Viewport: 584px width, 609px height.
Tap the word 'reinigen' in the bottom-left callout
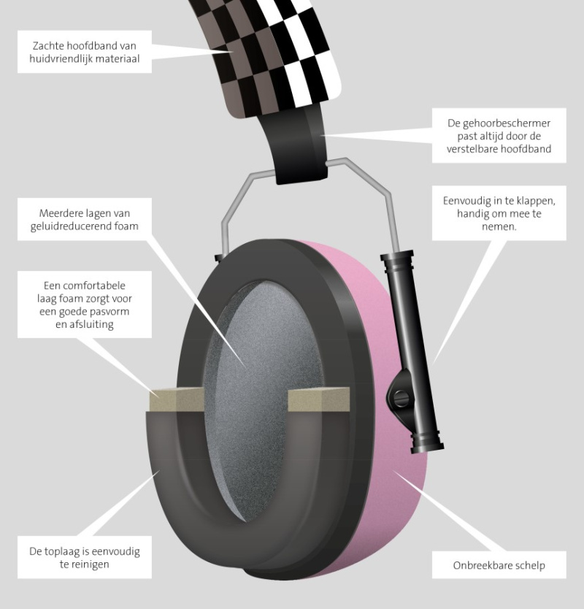90,564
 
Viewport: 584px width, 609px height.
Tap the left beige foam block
177,399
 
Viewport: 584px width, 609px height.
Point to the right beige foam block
318,399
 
